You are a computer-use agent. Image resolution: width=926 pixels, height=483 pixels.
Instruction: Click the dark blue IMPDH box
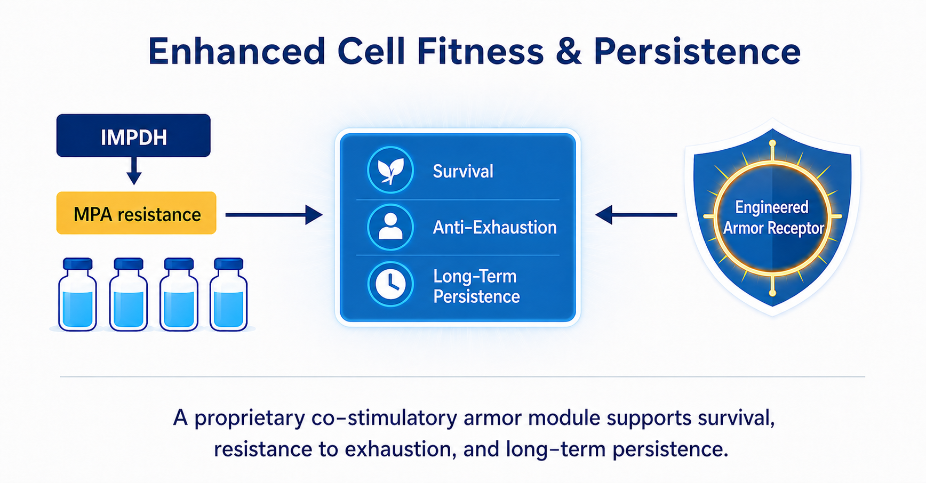[x=133, y=135]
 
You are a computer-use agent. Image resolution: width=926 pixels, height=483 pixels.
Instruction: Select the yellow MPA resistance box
[x=137, y=213]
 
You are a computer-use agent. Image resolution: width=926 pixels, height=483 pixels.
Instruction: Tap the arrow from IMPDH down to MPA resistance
[x=134, y=171]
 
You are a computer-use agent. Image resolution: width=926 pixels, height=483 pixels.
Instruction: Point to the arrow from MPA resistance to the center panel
[x=274, y=215]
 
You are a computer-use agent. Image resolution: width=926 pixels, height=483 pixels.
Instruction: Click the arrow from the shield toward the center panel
[x=636, y=215]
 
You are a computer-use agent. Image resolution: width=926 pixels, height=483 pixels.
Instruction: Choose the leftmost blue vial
[x=78, y=294]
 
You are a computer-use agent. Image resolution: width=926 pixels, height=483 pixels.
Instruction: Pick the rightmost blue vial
[x=228, y=294]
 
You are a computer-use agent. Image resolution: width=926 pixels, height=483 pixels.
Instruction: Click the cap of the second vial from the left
[x=129, y=264]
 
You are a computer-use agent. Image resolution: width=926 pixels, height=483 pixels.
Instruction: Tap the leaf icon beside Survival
[x=390, y=170]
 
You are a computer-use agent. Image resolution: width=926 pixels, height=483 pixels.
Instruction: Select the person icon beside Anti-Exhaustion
[x=390, y=227]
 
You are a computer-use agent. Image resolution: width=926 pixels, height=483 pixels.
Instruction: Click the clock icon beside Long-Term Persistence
[x=390, y=284]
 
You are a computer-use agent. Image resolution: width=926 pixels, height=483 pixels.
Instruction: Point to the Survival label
[x=463, y=171]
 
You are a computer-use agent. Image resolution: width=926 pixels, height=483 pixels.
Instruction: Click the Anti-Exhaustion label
[x=494, y=228]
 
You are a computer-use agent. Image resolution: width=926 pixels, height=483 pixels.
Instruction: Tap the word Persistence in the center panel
[x=476, y=296]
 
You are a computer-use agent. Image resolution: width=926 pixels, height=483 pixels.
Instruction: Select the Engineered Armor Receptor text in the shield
[x=773, y=218]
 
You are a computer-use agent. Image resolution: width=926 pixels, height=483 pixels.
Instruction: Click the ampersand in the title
[x=568, y=52]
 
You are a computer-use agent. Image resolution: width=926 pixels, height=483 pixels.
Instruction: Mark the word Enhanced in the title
[x=237, y=51]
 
